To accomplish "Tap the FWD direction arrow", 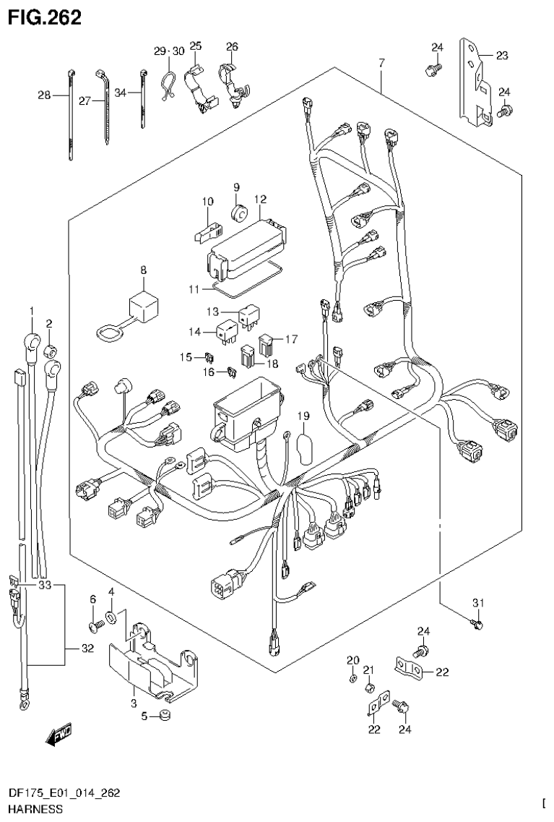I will click(56, 735).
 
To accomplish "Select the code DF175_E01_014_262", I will click(64, 793).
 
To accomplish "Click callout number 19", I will click(303, 416).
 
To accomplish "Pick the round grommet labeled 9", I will click(239, 213).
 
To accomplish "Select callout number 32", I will click(87, 649).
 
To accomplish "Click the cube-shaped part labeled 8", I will click(144, 307).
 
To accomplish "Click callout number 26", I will click(231, 47).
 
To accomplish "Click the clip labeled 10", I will click(206, 229).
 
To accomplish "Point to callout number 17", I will click(290, 338).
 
